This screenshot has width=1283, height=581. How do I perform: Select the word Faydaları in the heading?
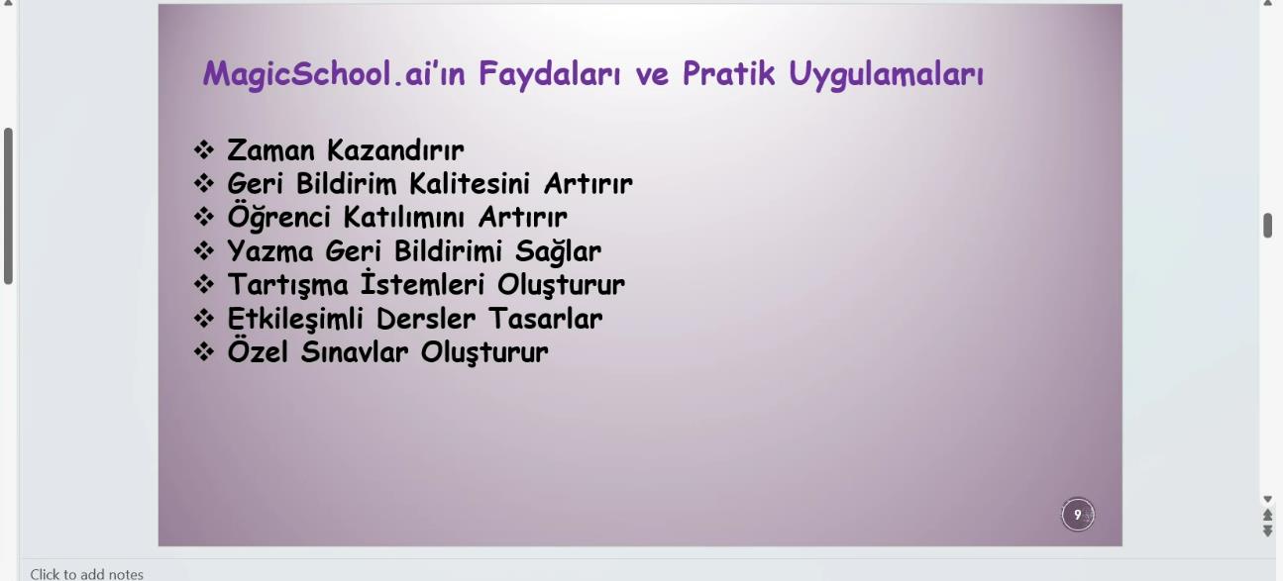[549, 74]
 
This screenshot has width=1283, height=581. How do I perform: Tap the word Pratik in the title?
[728, 73]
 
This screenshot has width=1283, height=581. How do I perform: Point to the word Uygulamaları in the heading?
[886, 75]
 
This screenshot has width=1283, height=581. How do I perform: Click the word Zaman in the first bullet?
[270, 150]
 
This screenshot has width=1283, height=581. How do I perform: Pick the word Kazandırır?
[395, 150]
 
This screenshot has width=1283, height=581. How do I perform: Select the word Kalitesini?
[470, 184]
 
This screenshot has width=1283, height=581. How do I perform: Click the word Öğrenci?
[279, 217]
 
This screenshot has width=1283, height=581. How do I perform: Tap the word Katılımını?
[404, 218]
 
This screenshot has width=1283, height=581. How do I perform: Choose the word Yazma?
[270, 251]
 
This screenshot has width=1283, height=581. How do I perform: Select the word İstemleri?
[423, 283]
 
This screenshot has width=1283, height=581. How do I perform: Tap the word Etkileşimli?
[295, 320]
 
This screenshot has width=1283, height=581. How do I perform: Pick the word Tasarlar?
[545, 319]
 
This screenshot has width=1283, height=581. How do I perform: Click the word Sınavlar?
[355, 352]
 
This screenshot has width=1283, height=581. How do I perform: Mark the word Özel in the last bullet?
[258, 350]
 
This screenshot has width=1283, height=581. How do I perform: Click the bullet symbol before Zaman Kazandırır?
[204, 150]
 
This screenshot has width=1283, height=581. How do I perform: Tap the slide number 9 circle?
[1077, 515]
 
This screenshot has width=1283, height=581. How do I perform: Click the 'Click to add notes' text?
[86, 574]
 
